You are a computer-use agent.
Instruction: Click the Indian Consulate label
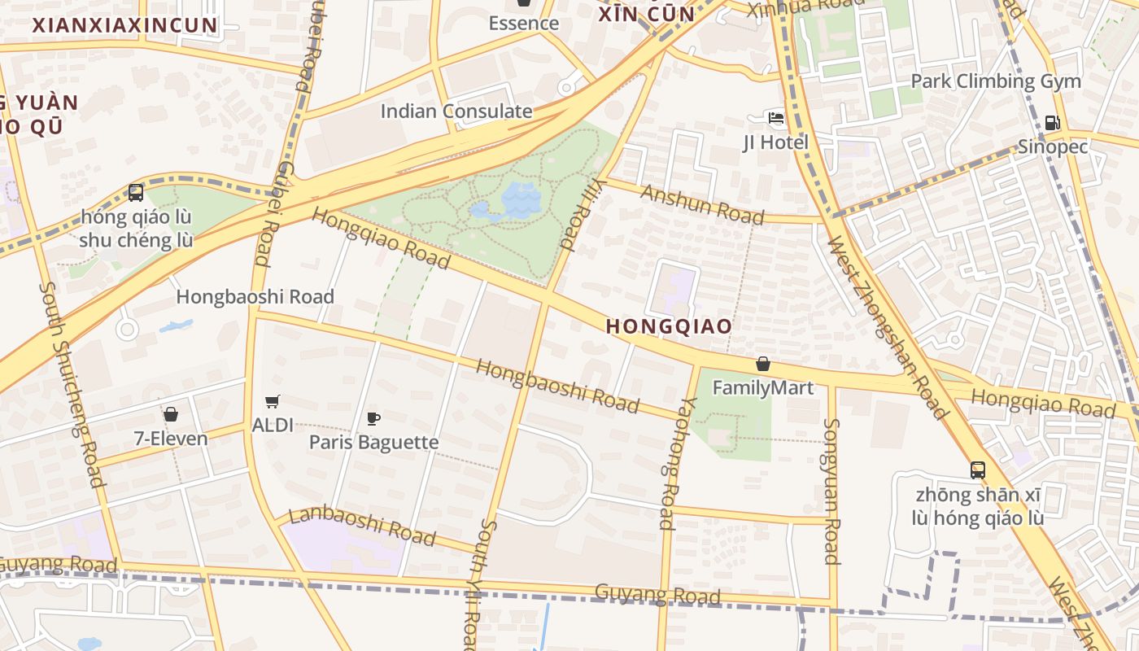click(x=456, y=111)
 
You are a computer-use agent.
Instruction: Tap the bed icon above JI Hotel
click(x=775, y=118)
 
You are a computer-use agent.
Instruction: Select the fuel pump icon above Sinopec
click(x=1052, y=123)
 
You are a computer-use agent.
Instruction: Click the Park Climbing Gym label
click(x=996, y=81)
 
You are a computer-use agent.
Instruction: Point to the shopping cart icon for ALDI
click(x=273, y=401)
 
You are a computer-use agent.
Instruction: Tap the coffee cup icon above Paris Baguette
click(x=373, y=418)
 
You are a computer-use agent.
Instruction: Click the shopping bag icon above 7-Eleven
click(x=171, y=414)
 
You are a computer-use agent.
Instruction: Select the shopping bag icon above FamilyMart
click(x=763, y=364)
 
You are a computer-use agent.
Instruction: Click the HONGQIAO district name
click(x=669, y=326)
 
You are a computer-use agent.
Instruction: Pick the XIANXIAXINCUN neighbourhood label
click(x=125, y=25)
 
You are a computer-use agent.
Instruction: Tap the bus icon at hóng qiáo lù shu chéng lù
click(x=136, y=193)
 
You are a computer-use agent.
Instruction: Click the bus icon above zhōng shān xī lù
click(x=978, y=470)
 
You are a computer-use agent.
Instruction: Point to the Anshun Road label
click(x=703, y=204)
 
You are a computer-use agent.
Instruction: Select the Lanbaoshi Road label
click(x=363, y=525)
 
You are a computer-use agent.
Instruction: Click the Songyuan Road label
click(x=831, y=491)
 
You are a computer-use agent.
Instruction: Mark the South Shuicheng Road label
click(x=72, y=384)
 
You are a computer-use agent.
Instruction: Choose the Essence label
click(x=523, y=23)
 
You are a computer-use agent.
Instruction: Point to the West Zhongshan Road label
click(x=887, y=327)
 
